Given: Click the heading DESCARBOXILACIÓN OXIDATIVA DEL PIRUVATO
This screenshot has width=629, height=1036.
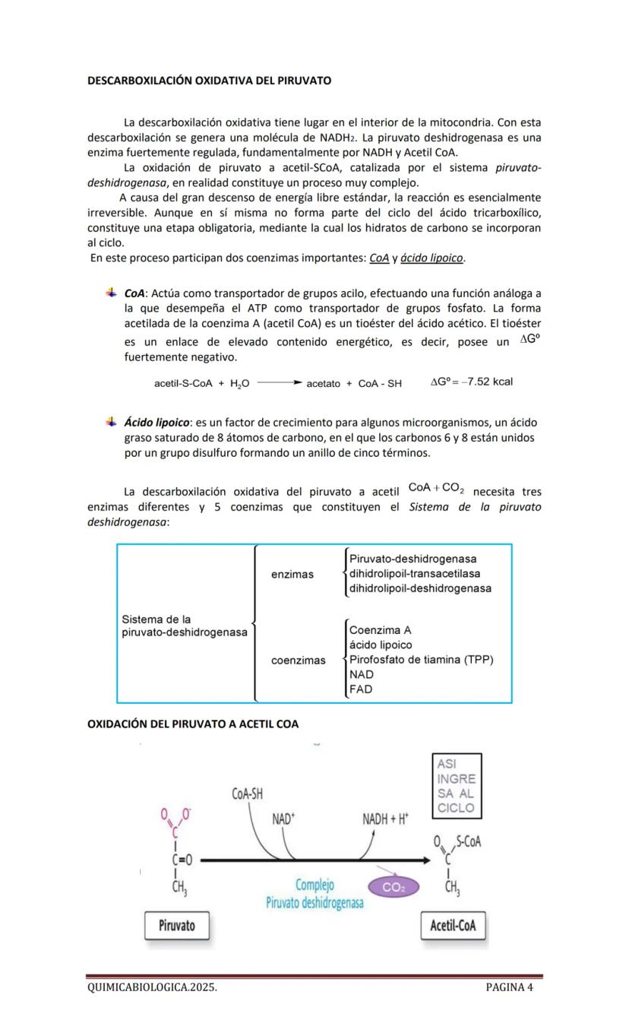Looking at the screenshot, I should click(x=209, y=80).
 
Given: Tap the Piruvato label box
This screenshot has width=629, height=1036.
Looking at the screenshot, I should click(x=177, y=925).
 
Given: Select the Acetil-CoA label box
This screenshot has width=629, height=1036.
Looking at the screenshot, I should click(x=453, y=925).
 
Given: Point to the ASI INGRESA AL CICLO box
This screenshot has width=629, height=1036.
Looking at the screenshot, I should click(x=456, y=786).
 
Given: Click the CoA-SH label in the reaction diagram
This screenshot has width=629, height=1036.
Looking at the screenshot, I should click(x=247, y=794).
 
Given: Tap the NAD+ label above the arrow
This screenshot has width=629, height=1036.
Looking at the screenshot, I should click(x=283, y=819).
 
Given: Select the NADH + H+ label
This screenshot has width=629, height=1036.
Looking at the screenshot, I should click(x=385, y=819).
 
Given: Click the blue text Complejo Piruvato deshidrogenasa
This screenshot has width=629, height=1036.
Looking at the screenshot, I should click(x=314, y=894).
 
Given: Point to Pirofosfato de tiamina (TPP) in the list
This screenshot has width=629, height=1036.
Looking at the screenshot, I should click(x=421, y=660).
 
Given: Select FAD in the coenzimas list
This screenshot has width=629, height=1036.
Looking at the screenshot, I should click(x=361, y=689).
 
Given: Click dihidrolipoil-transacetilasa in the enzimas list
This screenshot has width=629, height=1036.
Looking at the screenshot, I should click(x=415, y=574).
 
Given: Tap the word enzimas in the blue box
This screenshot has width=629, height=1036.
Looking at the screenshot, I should click(x=292, y=574).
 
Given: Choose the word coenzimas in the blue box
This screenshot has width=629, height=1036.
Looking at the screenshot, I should click(x=299, y=660).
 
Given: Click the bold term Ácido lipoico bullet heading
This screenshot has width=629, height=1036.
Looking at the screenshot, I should click(x=157, y=423).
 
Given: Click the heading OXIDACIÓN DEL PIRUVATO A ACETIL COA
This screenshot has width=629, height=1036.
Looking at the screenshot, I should click(x=193, y=724).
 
